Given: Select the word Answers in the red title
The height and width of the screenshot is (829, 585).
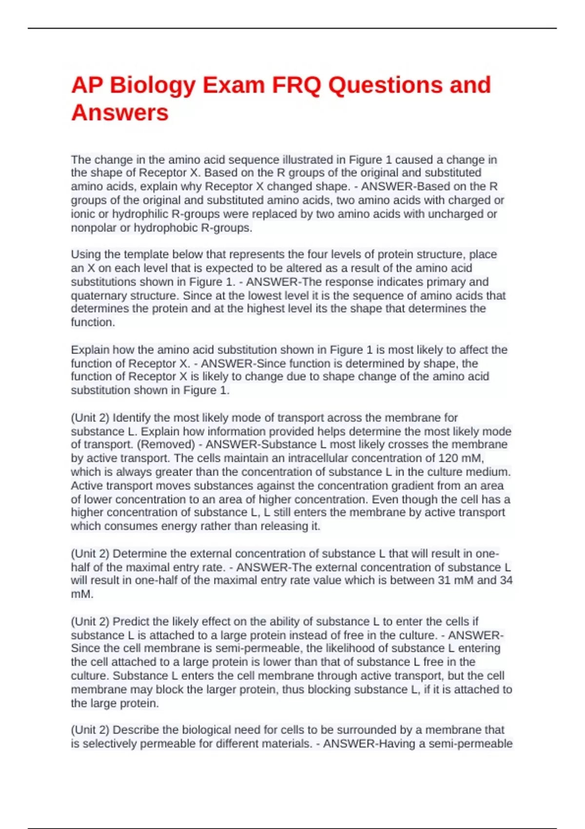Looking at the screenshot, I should click(120, 113).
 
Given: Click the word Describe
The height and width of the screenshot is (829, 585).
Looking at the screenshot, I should click(136, 730).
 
